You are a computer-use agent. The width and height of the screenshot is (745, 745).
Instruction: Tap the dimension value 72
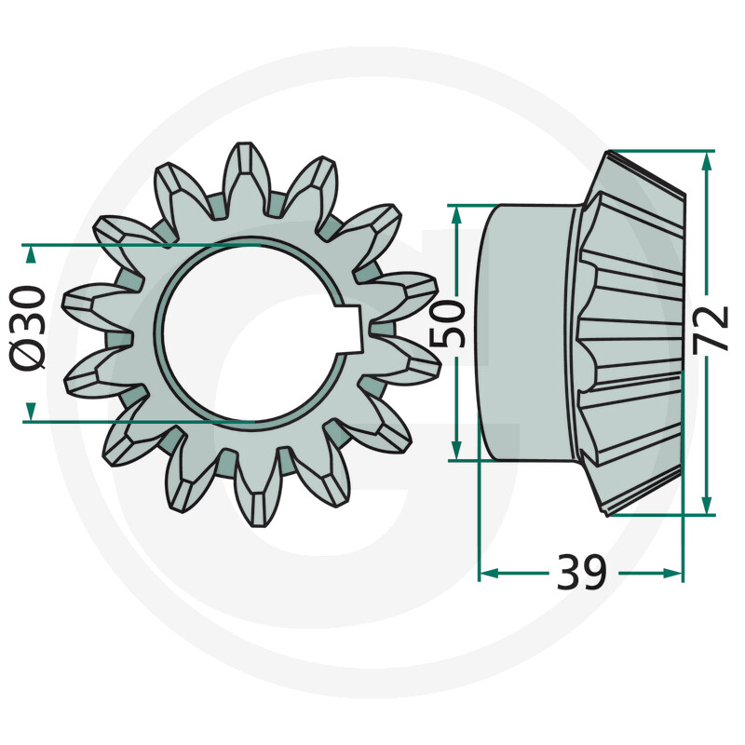pyautogui.click(x=712, y=328)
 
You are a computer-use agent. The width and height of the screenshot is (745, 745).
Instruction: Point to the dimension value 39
pyautogui.click(x=581, y=572)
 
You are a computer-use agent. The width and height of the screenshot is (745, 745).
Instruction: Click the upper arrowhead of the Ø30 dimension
pyautogui.click(x=31, y=253)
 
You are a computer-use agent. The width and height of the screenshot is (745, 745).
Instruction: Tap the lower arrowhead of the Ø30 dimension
pyautogui.click(x=31, y=411)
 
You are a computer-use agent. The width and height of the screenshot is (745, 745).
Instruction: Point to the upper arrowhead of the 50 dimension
pyautogui.click(x=455, y=213)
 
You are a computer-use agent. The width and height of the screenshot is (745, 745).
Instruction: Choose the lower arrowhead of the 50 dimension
pyautogui.click(x=455, y=450)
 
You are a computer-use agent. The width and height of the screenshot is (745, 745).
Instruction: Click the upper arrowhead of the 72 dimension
pyautogui.click(x=707, y=160)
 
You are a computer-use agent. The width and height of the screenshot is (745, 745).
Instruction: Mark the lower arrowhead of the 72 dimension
pyautogui.click(x=707, y=504)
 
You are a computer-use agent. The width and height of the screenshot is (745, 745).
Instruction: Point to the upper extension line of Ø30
pyautogui.click(x=140, y=245)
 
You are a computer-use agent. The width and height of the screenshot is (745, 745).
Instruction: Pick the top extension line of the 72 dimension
pyautogui.click(x=661, y=150)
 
